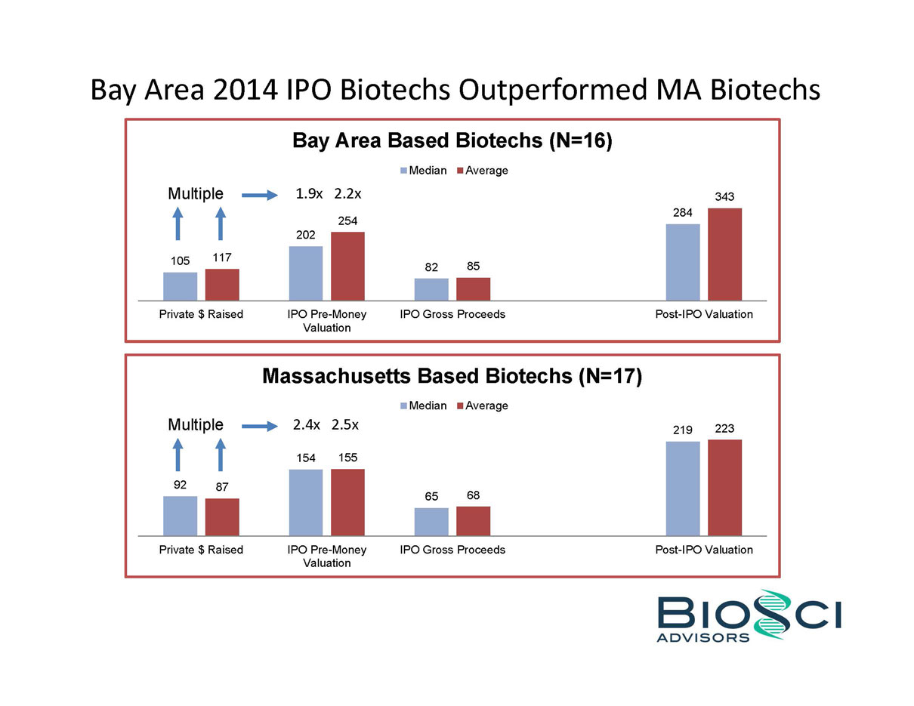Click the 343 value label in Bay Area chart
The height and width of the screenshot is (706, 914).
point(724,196)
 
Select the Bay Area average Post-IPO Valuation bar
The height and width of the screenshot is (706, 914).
point(724,254)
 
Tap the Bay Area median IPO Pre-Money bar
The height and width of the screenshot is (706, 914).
point(305,273)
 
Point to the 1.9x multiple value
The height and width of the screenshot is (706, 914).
point(309,194)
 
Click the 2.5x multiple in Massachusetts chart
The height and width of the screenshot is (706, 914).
point(344,425)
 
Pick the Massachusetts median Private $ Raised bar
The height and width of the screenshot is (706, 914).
point(180,516)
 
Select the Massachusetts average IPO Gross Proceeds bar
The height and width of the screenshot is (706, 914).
point(473,520)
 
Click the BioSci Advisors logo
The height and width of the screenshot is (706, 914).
point(748,615)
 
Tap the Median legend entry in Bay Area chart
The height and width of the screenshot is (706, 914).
point(423,171)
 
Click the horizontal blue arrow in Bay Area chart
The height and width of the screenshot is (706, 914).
point(259,196)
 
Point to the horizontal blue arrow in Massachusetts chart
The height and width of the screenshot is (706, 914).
point(259,427)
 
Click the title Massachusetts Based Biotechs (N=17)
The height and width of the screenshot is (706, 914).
point(452,376)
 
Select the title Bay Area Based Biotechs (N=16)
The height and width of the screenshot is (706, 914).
point(452,141)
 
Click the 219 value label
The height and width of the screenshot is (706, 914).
point(682,430)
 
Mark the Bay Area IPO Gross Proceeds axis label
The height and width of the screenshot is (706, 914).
point(452,314)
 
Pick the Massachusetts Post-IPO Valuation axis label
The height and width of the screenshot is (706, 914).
point(704,550)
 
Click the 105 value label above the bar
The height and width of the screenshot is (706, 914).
point(180,261)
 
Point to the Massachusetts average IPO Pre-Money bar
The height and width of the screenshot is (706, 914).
point(347,502)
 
